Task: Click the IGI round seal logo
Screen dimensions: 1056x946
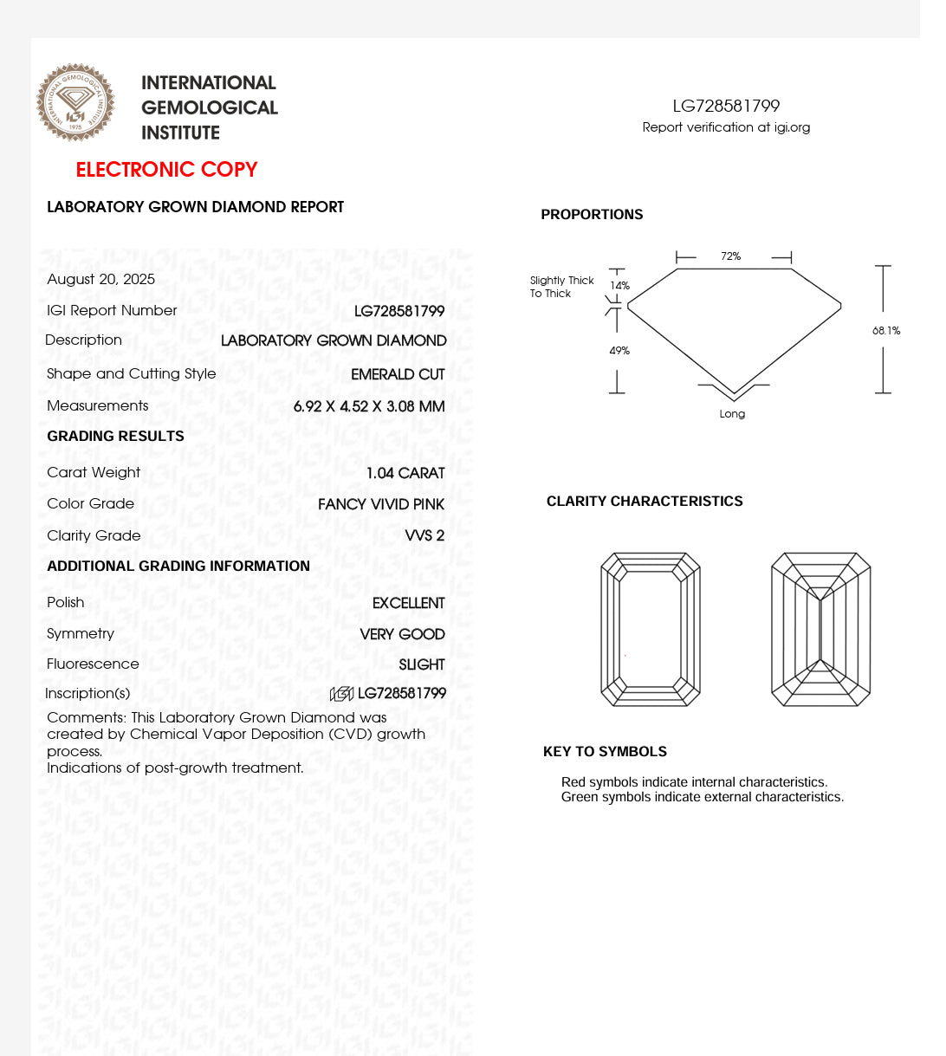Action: coord(75,102)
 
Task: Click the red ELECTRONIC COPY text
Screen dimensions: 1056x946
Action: coord(166,170)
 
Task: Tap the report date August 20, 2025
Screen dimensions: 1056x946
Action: coord(101,279)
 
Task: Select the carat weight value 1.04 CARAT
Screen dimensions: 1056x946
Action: coord(405,473)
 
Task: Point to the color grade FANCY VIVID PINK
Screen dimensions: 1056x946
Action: coord(381,504)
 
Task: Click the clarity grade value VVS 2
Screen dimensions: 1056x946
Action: coord(424,535)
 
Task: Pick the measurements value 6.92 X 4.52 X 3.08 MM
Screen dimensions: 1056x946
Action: coord(369,406)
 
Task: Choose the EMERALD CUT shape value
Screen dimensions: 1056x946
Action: coord(398,374)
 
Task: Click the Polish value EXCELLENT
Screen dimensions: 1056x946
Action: coord(409,603)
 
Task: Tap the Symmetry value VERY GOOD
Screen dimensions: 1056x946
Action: coord(403,634)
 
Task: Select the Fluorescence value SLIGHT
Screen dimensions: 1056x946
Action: coord(422,664)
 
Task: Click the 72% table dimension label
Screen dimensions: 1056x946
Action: coord(731,256)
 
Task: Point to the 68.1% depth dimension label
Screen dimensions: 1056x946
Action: coord(886,331)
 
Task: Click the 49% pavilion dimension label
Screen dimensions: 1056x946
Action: coord(619,351)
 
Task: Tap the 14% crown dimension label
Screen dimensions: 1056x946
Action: coord(620,286)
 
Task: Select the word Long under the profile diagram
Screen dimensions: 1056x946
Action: coord(732,414)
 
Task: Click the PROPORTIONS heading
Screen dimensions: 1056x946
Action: coord(592,215)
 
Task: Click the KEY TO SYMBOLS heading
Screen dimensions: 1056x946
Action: coord(605,752)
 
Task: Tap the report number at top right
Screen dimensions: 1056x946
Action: coord(726,106)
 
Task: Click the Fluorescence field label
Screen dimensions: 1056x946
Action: coord(93,664)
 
